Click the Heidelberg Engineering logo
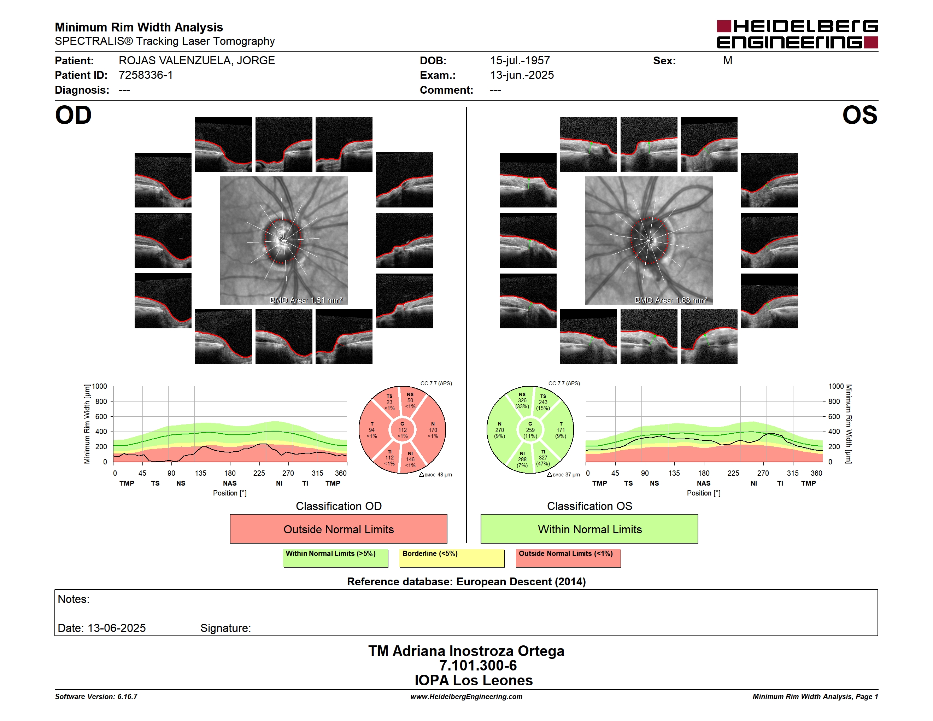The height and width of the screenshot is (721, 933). coord(797,34)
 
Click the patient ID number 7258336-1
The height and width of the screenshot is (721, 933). coord(146,75)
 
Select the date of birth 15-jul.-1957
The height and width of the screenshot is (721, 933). coord(520,61)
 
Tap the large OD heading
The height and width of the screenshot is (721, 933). coord(74,115)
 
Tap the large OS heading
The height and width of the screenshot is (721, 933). coord(859,115)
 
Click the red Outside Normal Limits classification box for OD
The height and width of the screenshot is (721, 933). coord(338,529)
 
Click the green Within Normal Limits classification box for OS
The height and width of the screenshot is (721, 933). coord(589,529)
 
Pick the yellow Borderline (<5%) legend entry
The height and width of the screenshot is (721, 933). coord(452,558)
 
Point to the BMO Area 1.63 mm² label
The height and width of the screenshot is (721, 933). coord(671,300)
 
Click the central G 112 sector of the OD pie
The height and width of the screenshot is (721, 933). coord(403,430)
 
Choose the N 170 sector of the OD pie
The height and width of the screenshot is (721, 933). coord(433,430)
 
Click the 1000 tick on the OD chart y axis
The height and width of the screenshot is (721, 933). coord(100,386)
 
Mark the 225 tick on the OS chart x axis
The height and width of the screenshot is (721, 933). coord(733,473)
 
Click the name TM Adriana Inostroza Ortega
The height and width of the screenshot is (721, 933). coord(466,651)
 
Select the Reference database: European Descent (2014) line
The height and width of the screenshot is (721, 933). coord(466,582)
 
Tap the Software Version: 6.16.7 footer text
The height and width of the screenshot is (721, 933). coord(96,697)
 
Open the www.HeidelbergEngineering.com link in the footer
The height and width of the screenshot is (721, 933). coord(466,697)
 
